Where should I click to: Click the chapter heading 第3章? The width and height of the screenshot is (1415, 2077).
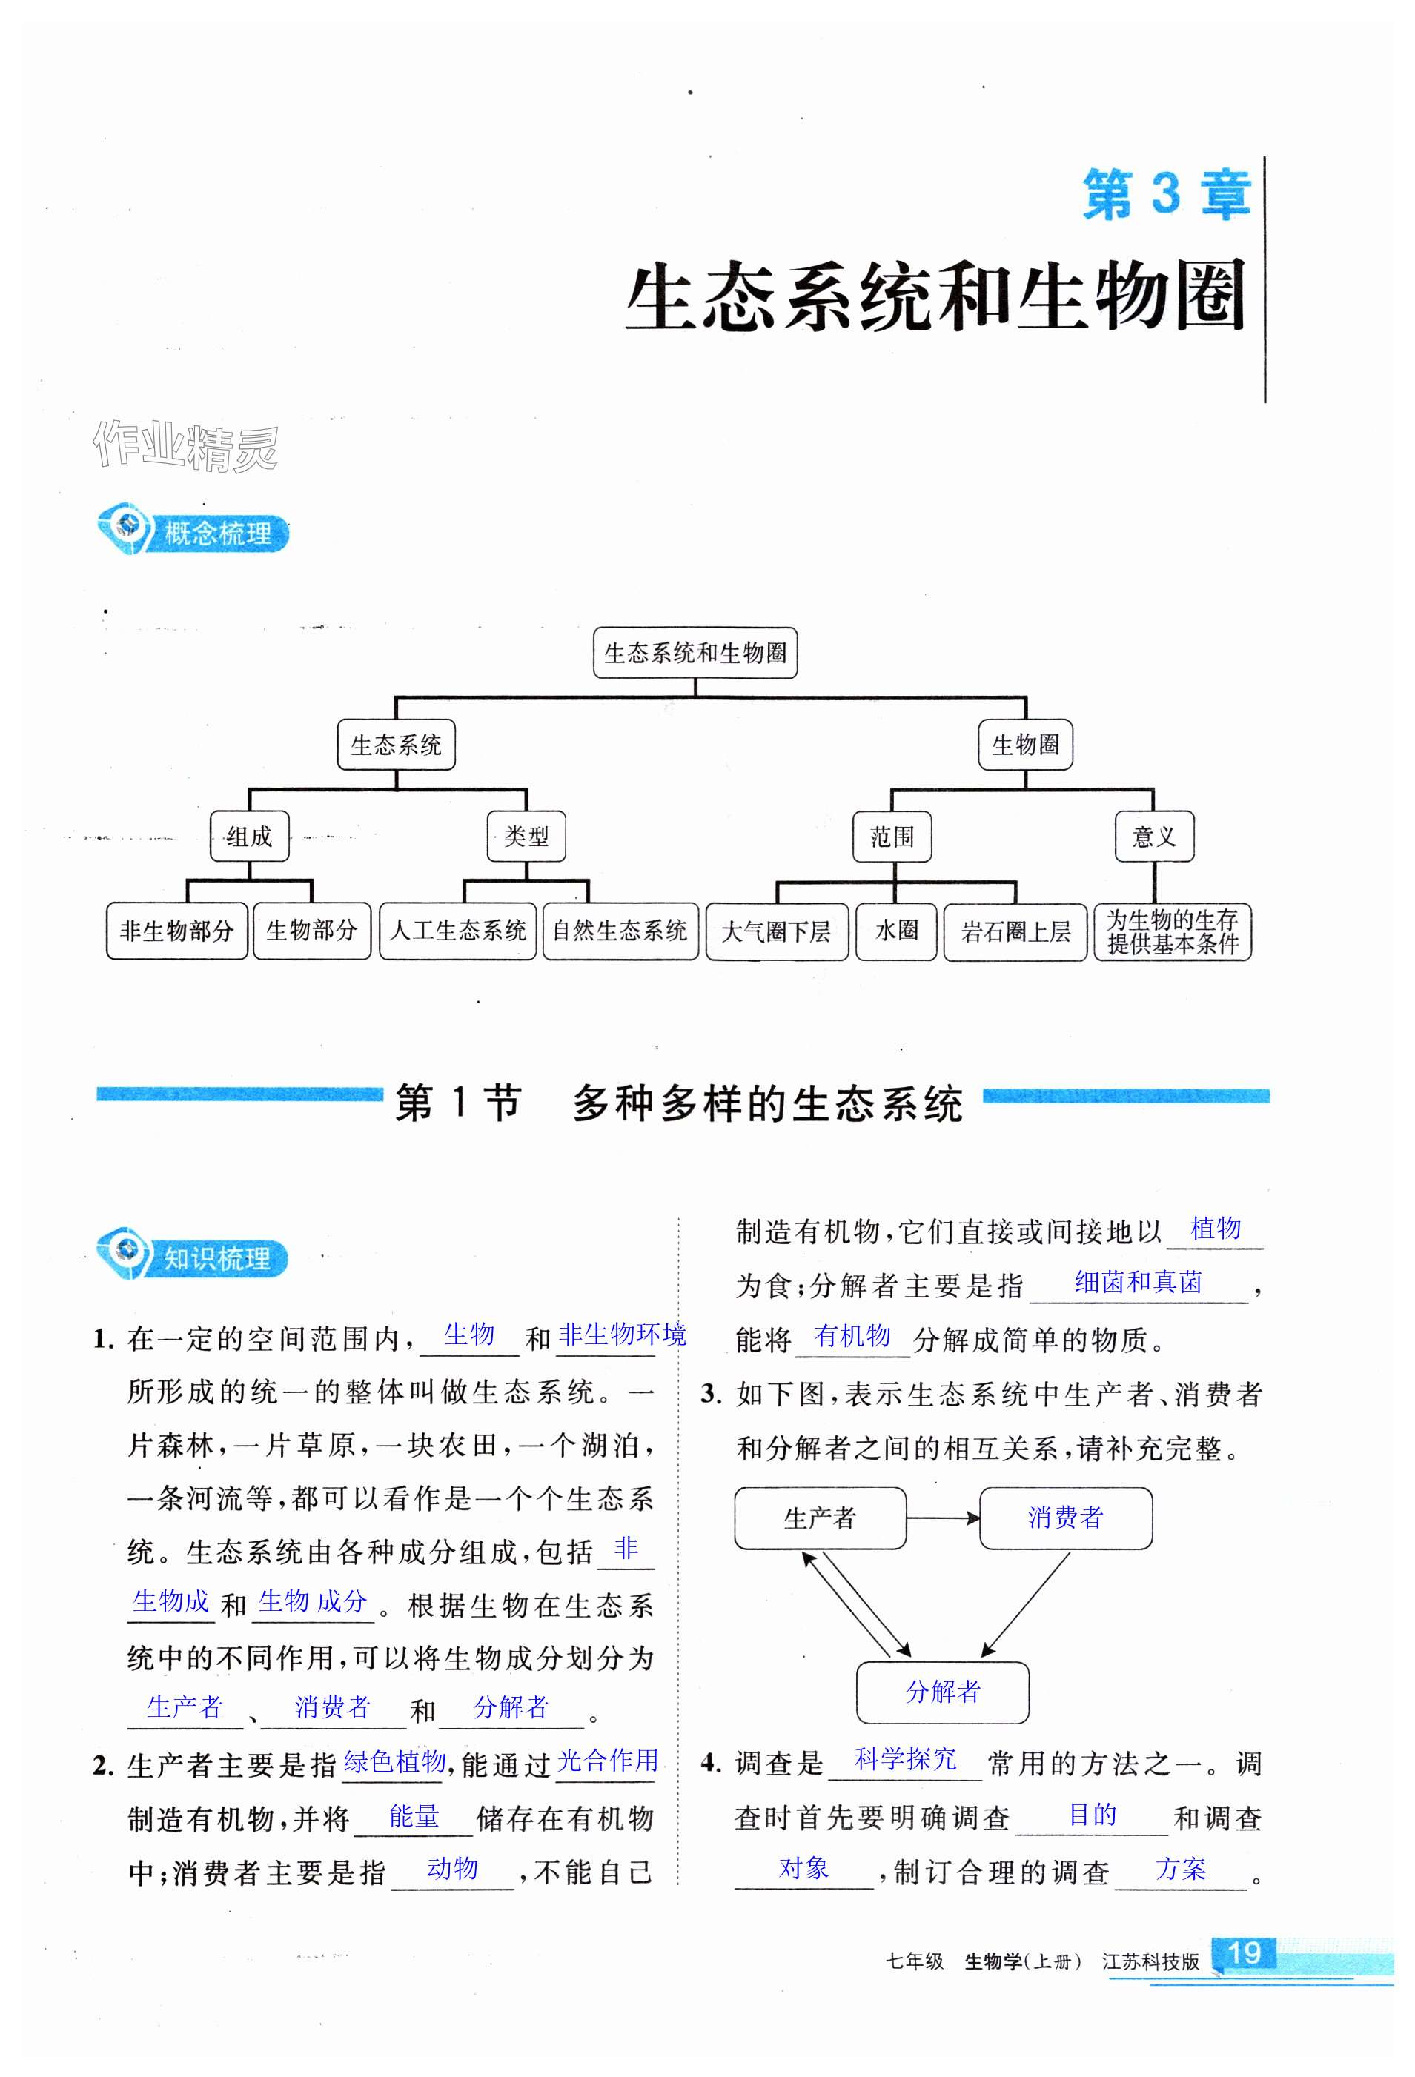click(1166, 194)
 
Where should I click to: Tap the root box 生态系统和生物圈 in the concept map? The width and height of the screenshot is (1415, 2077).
click(695, 652)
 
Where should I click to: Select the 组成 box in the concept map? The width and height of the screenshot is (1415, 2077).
click(249, 837)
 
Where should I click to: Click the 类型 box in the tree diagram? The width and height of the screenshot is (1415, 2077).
click(526, 837)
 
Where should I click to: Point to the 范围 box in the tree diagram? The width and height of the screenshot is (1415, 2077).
click(892, 837)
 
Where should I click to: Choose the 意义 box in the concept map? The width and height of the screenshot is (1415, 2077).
click(1154, 837)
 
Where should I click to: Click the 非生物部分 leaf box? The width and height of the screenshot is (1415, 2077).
click(176, 931)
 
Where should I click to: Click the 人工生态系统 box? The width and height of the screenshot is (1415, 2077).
click(457, 931)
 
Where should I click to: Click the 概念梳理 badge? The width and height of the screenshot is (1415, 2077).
click(194, 533)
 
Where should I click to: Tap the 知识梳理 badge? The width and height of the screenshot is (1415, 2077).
click(194, 1257)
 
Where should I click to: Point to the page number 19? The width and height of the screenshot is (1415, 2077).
click(1245, 1952)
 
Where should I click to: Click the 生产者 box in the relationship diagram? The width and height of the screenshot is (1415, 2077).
click(820, 1518)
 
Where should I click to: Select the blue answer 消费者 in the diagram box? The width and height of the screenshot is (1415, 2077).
click(1065, 1518)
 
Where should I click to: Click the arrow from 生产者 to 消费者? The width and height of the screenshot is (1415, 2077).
click(943, 1518)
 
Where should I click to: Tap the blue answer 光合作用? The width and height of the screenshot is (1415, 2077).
click(608, 1761)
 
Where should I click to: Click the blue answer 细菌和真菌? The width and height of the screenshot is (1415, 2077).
click(1138, 1283)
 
